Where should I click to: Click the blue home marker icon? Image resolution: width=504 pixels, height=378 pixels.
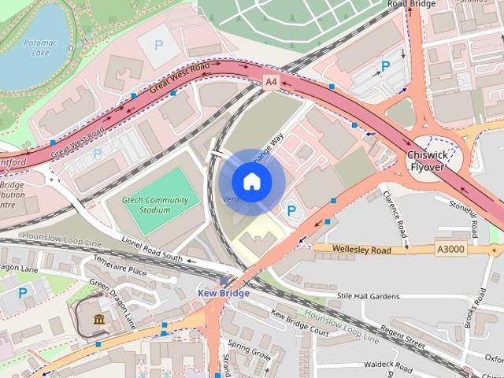(251, 182)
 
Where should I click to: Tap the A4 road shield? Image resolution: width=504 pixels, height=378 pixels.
(272, 81)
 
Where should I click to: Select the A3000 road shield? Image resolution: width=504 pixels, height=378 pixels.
(449, 250)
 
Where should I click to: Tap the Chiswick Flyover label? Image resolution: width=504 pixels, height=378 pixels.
(425, 161)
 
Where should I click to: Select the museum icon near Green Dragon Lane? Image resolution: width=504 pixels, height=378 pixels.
(99, 319)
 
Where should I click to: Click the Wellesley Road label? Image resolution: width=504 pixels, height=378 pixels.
(362, 250)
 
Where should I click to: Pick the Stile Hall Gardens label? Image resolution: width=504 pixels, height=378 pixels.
(369, 296)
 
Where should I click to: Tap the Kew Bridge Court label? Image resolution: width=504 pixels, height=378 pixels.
(300, 323)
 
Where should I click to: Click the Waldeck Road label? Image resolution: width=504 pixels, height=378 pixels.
(387, 366)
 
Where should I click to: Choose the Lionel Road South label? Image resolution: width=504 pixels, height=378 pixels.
(151, 250)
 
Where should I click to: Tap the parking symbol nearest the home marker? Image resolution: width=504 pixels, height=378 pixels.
(291, 210)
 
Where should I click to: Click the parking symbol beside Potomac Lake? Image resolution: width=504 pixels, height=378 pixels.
(158, 46)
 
